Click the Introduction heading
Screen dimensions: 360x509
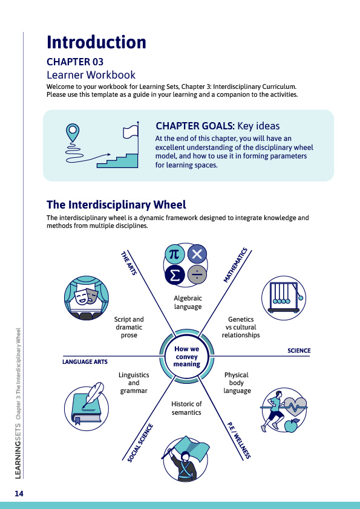tap(96, 42)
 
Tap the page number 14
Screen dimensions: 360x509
tap(19, 494)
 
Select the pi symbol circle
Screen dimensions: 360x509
tap(174, 254)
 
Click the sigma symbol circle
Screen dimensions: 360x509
tap(175, 275)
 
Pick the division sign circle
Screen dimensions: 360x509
tap(197, 275)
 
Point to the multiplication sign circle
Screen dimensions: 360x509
tap(197, 254)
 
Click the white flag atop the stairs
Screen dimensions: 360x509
tap(131, 132)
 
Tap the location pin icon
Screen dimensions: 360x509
tap(73, 132)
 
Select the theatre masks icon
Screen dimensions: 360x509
tap(87, 298)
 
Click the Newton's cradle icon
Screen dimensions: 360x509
tap(284, 298)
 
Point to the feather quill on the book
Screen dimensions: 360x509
tap(94, 394)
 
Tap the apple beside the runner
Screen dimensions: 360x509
tap(292, 425)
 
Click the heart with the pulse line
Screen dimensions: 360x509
tap(295, 406)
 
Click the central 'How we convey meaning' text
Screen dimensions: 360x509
tap(186, 357)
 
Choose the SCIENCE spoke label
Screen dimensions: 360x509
tap(299, 351)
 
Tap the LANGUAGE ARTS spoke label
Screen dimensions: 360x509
tap(85, 361)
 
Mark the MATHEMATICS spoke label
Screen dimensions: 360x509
tap(235, 265)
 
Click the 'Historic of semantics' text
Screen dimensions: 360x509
tap(186, 408)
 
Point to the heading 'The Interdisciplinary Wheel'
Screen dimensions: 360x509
tap(116, 205)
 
